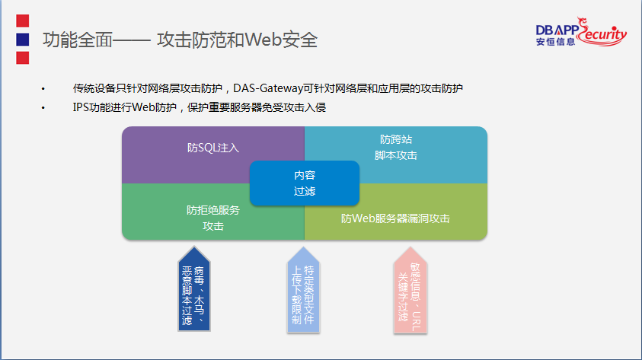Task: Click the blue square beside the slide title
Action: click(x=23, y=40)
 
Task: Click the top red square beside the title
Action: click(x=23, y=21)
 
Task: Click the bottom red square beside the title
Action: click(x=23, y=58)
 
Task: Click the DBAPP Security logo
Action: click(x=581, y=31)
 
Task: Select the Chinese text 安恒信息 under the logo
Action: click(x=556, y=42)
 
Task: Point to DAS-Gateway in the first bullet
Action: click(x=268, y=88)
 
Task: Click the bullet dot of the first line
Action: click(x=43, y=89)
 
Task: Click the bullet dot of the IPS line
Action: click(x=43, y=108)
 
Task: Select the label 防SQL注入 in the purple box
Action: click(x=213, y=148)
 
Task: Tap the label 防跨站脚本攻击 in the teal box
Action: click(x=396, y=148)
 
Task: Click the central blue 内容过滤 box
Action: click(x=305, y=183)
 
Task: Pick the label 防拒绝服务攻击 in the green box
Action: click(x=213, y=218)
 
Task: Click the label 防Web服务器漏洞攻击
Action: click(x=395, y=218)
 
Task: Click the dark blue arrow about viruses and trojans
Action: click(x=194, y=288)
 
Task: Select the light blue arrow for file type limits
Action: click(x=303, y=290)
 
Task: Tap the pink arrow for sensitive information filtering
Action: click(x=410, y=290)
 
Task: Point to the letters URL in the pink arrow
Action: click(x=416, y=321)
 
